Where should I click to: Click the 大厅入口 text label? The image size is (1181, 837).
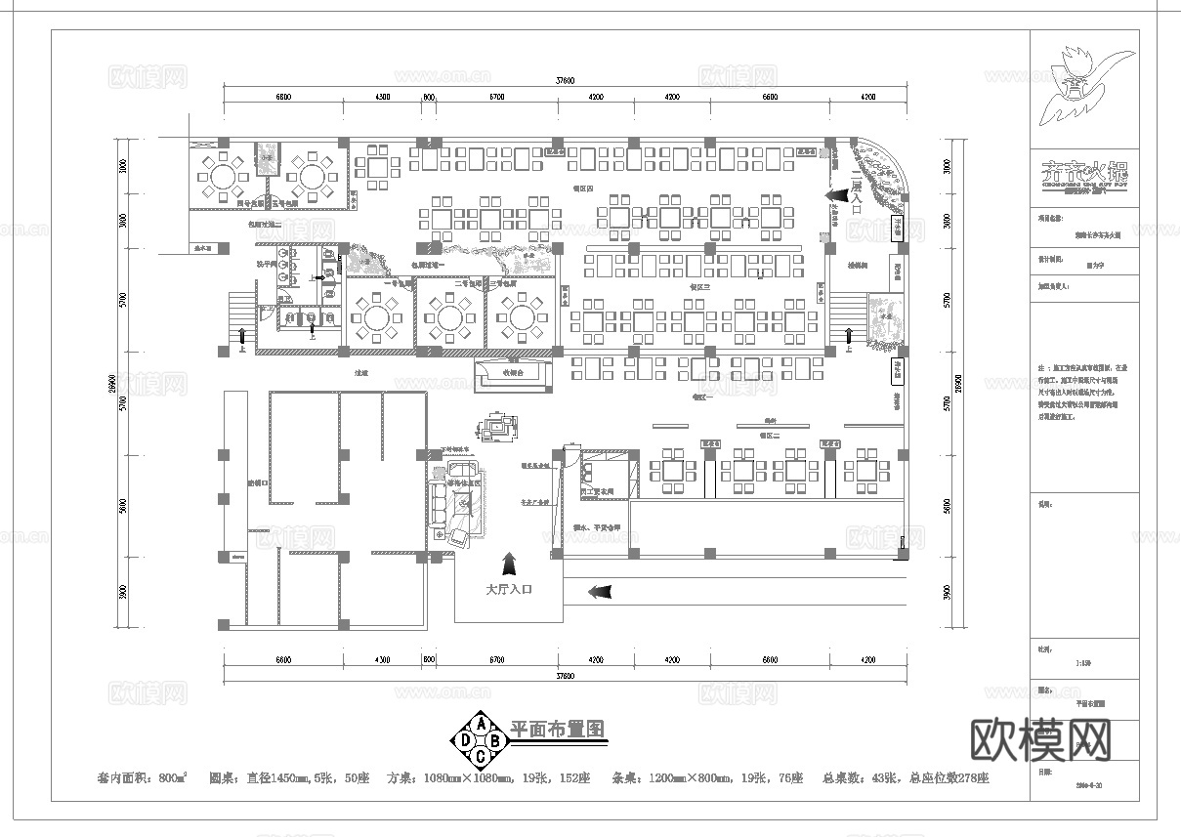click(509, 591)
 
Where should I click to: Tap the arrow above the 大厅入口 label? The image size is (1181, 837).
click(509, 564)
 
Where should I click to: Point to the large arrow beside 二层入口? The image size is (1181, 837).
click(836, 195)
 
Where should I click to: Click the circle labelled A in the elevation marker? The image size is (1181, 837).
click(480, 723)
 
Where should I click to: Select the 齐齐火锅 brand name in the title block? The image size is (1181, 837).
click(1082, 169)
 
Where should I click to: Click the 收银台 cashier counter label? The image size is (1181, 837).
click(514, 372)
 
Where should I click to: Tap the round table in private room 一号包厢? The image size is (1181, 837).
click(378, 314)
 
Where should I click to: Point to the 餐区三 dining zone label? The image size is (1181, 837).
click(699, 287)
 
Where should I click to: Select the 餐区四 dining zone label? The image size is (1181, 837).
click(582, 186)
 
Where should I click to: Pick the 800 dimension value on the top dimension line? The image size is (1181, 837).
click(428, 98)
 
